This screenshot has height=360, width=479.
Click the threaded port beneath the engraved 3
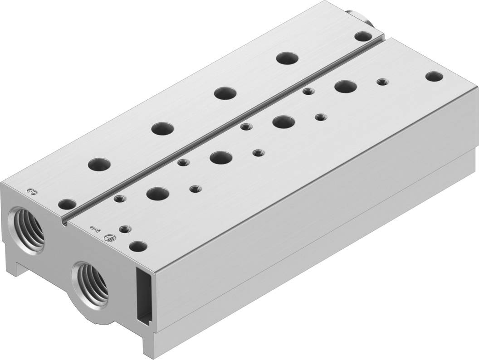pos(28,225)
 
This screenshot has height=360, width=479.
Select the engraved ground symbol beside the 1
pos(109,236)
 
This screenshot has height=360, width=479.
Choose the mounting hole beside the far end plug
pos(362,36)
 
